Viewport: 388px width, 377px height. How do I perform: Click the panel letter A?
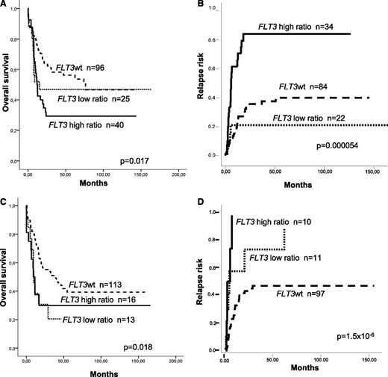tap(4, 5)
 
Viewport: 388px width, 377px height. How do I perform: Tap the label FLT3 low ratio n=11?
tap(291, 257)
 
